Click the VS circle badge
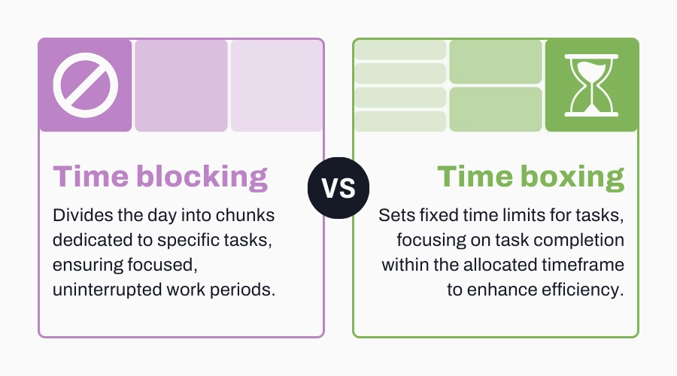tap(338, 188)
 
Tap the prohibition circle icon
tap(84, 85)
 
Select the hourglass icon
tap(591, 85)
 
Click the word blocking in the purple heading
tap(204, 177)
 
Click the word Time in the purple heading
tap(91, 177)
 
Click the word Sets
tap(393, 216)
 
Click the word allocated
tap(496, 265)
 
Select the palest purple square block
tap(277, 85)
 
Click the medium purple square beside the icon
tap(181, 85)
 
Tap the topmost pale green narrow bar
tap(400, 50)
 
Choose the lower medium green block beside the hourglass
tap(496, 109)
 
